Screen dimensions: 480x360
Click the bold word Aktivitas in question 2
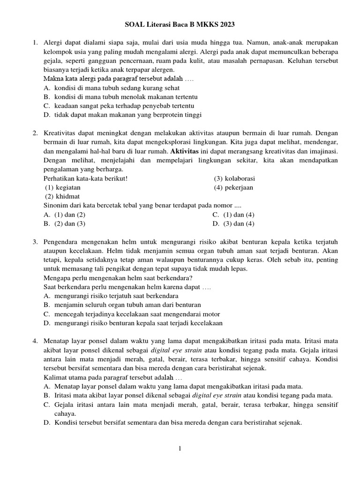click(184, 151)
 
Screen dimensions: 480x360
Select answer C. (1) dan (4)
click(233, 215)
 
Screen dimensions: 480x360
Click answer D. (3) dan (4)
click(233, 224)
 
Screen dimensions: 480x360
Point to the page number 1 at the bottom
click(180, 449)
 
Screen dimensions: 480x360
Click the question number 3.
click(35, 241)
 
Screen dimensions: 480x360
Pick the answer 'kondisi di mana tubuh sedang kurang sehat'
click(112, 88)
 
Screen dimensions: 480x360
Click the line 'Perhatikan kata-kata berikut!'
click(85, 179)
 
